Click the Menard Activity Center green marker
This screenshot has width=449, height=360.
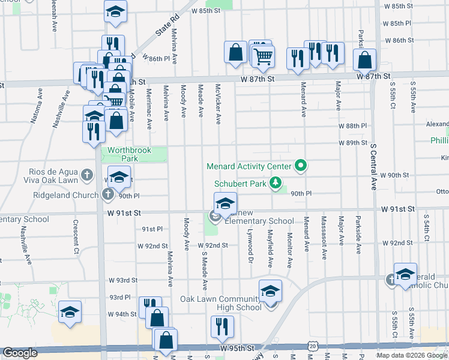tap(301, 166)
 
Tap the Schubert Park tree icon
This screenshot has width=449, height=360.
tap(276, 182)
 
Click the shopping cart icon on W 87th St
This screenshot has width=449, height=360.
tap(263, 56)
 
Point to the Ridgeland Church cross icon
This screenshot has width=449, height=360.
tap(107, 194)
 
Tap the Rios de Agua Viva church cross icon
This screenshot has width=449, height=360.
tap(87, 175)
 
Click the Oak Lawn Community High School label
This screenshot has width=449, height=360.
tap(222, 303)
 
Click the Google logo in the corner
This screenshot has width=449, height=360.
tap(20, 353)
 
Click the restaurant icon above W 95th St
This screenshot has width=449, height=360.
tap(221, 327)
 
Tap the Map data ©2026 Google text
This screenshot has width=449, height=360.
tap(412, 355)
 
